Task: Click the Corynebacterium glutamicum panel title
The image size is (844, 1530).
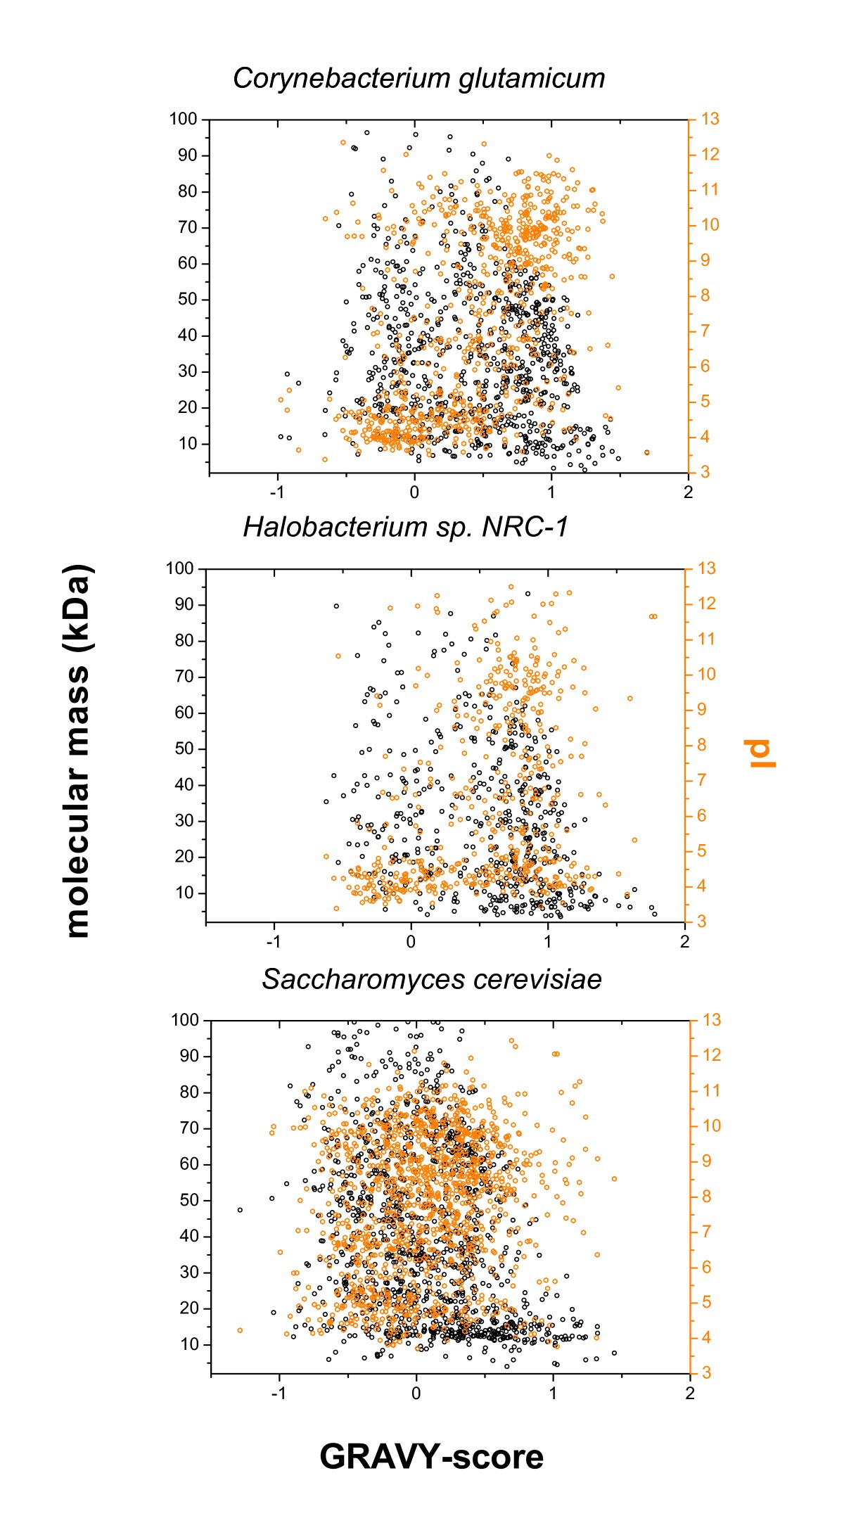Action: click(x=419, y=78)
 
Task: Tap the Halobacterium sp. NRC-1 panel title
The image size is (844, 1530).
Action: click(x=405, y=527)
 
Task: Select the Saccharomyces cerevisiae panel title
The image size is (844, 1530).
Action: click(x=431, y=978)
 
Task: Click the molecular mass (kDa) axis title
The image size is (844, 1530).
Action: click(x=79, y=751)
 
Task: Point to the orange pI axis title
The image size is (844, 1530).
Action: click(x=761, y=753)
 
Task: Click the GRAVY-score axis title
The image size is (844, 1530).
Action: click(x=431, y=1456)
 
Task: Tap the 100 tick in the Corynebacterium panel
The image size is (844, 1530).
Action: click(x=183, y=119)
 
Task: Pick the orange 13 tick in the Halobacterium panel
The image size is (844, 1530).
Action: click(x=705, y=568)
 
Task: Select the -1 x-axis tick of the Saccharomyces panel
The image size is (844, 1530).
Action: click(x=279, y=1393)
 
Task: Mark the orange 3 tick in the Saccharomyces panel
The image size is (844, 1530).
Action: click(x=706, y=1373)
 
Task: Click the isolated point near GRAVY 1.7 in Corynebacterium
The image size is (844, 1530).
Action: click(x=647, y=452)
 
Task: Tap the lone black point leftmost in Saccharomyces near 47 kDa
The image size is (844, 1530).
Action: click(x=240, y=1210)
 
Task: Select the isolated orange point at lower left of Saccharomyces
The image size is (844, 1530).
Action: click(x=240, y=1330)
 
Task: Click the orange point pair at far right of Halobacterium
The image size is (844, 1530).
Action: click(x=653, y=616)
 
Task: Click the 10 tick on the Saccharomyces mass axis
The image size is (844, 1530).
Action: click(x=190, y=1344)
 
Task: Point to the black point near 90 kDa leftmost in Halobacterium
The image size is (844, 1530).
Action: click(x=336, y=606)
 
